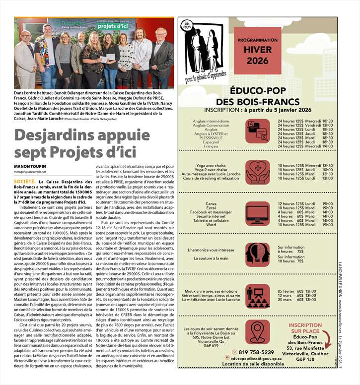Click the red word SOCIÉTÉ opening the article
click(24, 183)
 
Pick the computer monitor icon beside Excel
click(258, 214)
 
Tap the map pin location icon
click(258, 333)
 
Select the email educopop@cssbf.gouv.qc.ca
click(260, 358)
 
